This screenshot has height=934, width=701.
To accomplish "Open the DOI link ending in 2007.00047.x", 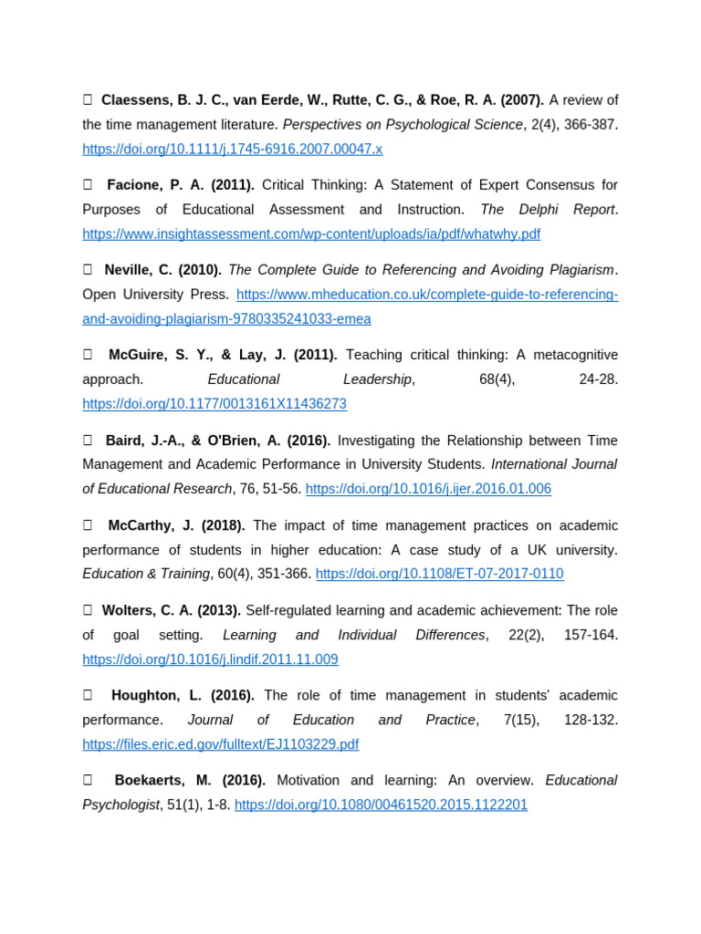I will [x=232, y=149].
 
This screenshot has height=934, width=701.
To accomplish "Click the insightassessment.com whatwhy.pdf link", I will [x=311, y=234].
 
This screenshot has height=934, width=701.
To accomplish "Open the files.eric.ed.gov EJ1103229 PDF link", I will [x=220, y=744].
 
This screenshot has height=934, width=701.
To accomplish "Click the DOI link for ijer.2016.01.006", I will [x=428, y=489].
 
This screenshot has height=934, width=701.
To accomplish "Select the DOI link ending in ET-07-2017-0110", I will [x=439, y=574].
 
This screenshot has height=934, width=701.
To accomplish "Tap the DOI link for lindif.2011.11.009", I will [x=210, y=659].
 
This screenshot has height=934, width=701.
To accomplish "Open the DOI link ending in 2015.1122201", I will [x=381, y=804].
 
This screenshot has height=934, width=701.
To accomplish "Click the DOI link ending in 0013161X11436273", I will [x=214, y=404].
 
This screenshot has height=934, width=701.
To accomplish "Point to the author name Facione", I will [x=134, y=185].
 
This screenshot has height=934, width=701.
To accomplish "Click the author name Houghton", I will [x=143, y=695].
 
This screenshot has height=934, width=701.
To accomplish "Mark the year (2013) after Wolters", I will [x=220, y=610].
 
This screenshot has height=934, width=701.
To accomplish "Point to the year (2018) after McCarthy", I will [x=225, y=525].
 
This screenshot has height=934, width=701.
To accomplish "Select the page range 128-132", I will [x=591, y=720].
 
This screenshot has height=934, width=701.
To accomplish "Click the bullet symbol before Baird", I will [x=88, y=441].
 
